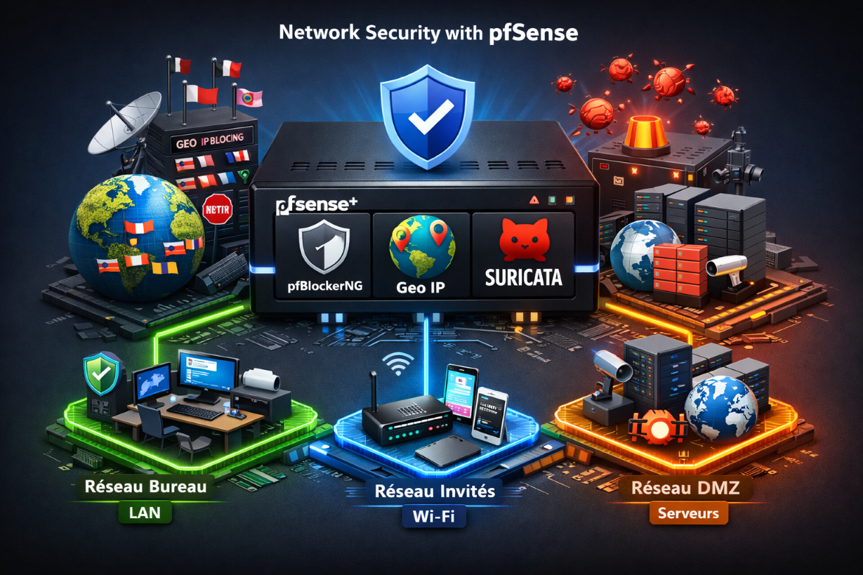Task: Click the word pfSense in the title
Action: pyautogui.click(x=532, y=34)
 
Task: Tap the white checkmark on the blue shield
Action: pyautogui.click(x=423, y=119)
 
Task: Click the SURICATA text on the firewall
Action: pyautogui.click(x=523, y=277)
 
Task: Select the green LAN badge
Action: pyautogui.click(x=145, y=513)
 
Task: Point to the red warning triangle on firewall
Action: pyautogui.click(x=534, y=199)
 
